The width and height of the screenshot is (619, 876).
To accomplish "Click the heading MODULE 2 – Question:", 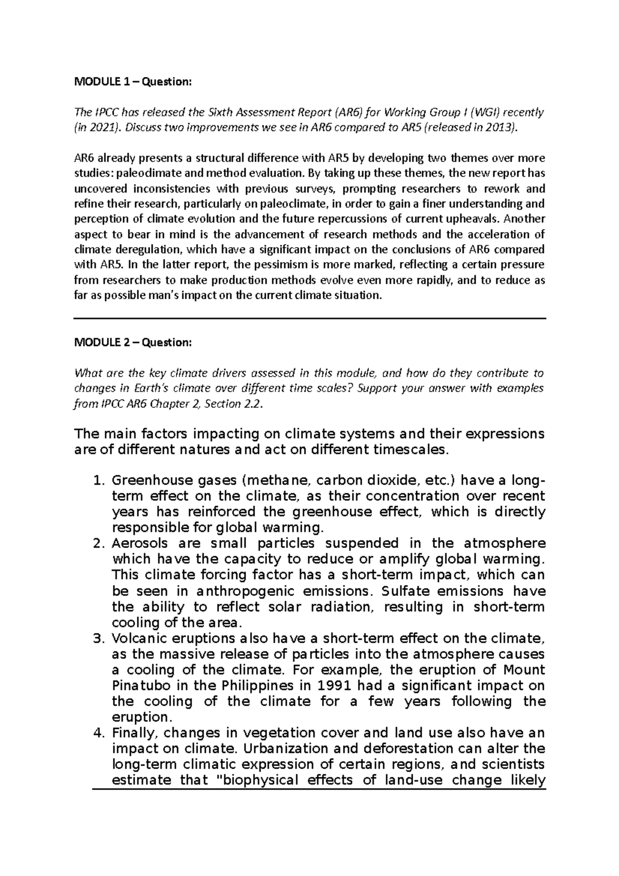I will [133, 343].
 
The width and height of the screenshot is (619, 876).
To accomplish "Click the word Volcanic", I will [137, 639].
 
